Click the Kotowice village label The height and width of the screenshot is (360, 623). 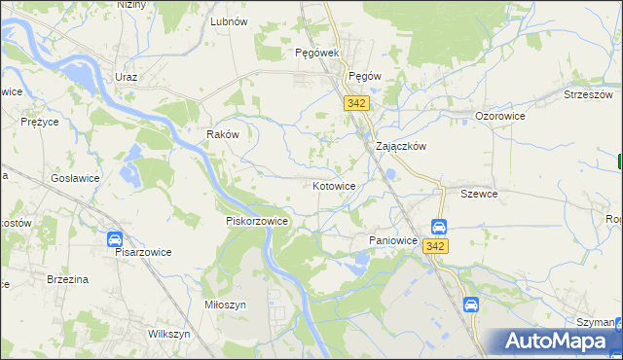coord(334,185)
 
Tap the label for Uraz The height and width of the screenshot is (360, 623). coord(125,77)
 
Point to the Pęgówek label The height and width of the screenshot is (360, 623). coord(315,54)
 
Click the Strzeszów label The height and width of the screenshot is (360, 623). coord(588,94)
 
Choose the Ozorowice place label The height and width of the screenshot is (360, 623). coord(500,116)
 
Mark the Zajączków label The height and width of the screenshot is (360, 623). coord(402,146)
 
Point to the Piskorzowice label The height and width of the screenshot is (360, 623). coord(257,221)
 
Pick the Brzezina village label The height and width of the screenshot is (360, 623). coord(68,279)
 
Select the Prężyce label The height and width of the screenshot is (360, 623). coord(42,123)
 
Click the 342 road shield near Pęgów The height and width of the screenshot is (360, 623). coord(354,102)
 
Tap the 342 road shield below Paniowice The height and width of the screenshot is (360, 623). coord(435,246)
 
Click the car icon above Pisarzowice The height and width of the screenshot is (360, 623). coord(114,238)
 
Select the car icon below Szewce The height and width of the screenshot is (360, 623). coord(439,227)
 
